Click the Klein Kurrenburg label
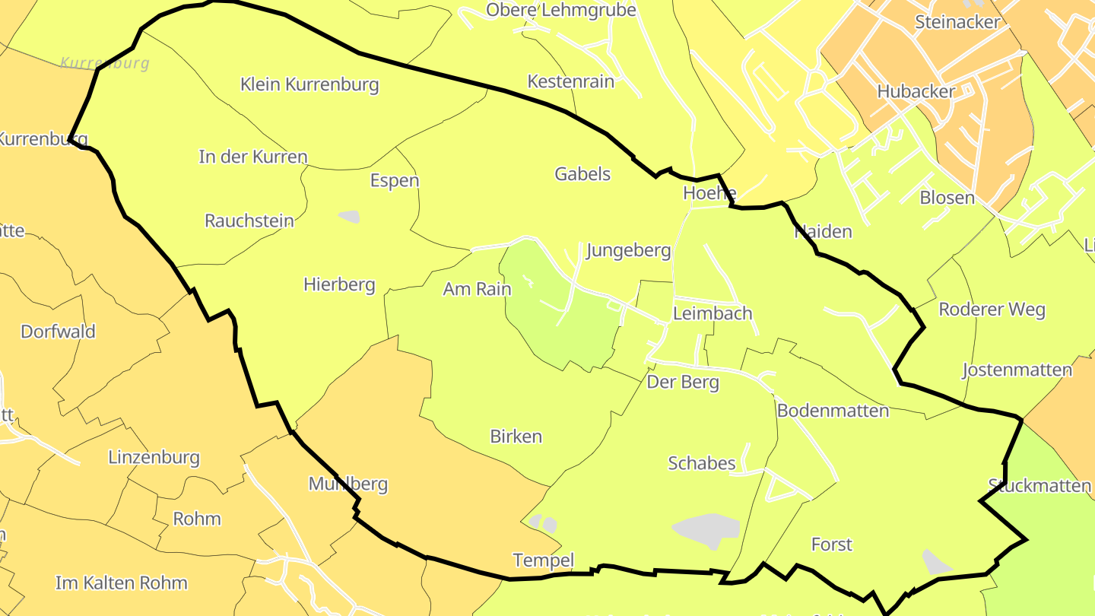309,84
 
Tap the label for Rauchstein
249,221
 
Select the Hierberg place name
339,285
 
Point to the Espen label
395,181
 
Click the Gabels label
582,174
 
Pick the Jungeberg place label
629,251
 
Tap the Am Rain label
478,290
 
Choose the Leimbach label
713,313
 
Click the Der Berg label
683,383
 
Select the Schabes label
702,463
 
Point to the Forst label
832,545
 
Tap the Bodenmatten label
833,411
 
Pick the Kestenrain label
571,82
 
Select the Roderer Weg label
992,310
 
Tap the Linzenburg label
154,458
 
